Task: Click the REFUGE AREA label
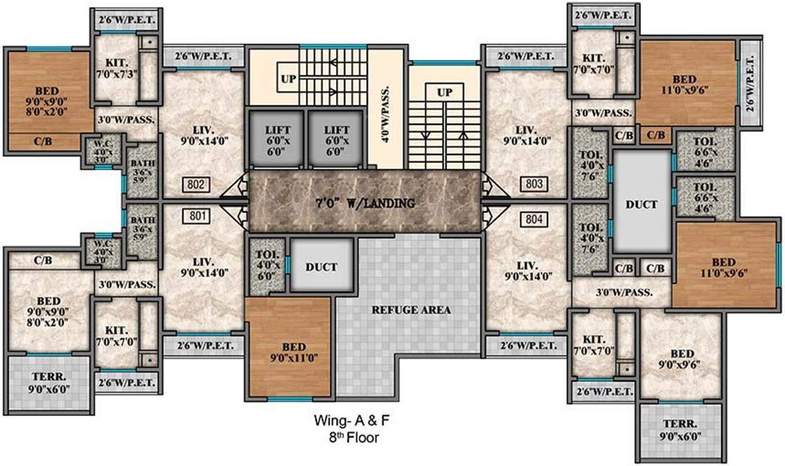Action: coord(411,310)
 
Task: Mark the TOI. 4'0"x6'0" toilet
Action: coord(266,265)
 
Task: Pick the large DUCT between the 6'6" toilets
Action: coord(642,204)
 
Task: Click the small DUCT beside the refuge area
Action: coord(322,266)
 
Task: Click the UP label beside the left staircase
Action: coord(289,78)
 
